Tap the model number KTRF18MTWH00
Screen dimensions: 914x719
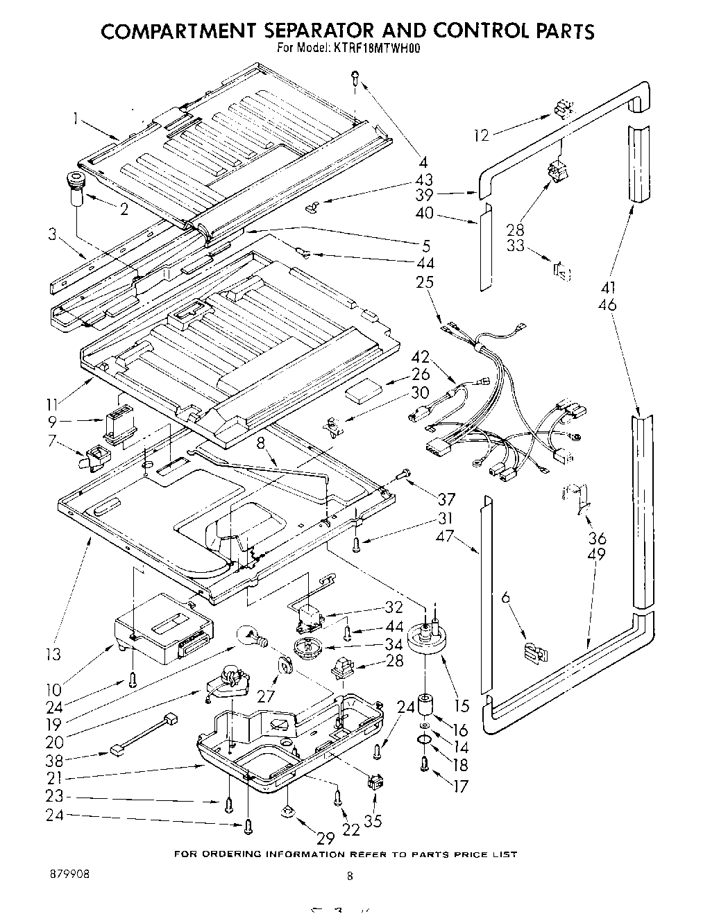382,49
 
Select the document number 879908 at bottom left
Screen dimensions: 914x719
69,874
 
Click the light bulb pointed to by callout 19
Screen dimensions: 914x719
251,636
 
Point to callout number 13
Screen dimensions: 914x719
53,653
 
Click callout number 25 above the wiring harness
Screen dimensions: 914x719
425,282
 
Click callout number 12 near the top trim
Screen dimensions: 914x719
482,135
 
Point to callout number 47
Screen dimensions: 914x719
445,535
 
